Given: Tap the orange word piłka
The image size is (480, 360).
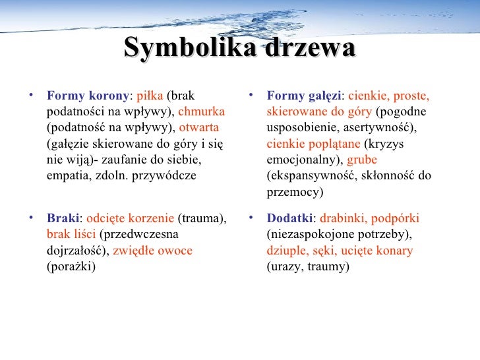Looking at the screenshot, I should (151, 95).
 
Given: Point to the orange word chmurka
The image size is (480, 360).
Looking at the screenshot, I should (201, 111).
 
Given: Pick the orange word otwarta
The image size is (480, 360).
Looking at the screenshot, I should (198, 127).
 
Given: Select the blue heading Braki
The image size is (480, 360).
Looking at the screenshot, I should (63, 218).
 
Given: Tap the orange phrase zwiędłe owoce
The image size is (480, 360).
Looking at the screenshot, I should (152, 251).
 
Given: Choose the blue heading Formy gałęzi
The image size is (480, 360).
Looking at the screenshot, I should (304, 95).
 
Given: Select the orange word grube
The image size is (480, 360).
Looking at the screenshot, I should (362, 160).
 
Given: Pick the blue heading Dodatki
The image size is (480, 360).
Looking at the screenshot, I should (290, 218).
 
